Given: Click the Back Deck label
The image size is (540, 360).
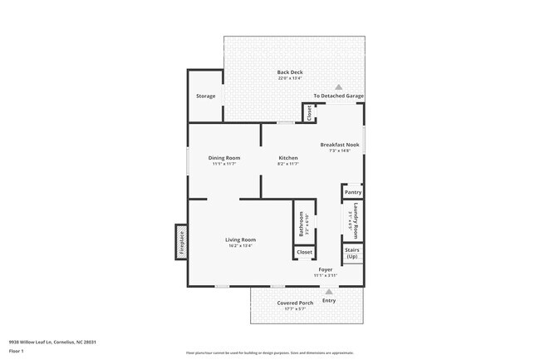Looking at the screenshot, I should (x=290, y=72).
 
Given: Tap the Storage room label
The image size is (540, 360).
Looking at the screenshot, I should (x=205, y=96).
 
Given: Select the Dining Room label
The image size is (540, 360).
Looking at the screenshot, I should (x=224, y=158).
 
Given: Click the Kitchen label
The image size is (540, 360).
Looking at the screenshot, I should (x=287, y=158).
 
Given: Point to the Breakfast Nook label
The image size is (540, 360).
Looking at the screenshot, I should (x=340, y=145).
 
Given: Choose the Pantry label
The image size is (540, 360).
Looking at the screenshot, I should (x=352, y=192).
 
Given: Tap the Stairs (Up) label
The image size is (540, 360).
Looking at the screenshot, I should (x=352, y=253).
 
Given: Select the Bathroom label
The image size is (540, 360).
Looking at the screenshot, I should (x=301, y=224).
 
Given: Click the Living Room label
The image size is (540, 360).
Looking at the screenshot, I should (x=240, y=239).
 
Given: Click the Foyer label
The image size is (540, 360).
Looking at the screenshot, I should (x=325, y=269).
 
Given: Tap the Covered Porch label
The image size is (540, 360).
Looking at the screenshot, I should (x=295, y=303).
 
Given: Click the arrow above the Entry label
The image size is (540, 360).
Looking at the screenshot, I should (x=330, y=291).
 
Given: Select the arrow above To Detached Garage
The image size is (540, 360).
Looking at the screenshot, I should (x=338, y=86).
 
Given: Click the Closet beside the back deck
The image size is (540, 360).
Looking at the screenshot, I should (x=309, y=113).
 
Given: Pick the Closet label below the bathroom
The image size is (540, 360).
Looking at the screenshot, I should (x=305, y=252).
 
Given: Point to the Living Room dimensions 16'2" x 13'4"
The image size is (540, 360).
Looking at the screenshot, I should (x=240, y=245).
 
